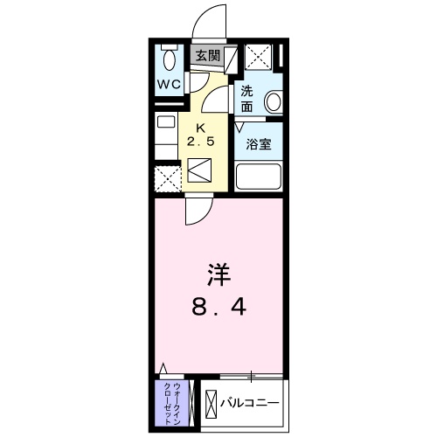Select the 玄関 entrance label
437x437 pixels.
coord(207,57)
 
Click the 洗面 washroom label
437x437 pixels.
coord(247,99)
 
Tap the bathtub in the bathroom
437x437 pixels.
coord(260,179)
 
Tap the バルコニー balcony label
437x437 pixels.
coord(249,404)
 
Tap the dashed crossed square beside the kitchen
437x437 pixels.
coord(167,180)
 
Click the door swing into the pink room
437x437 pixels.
coord(198,211)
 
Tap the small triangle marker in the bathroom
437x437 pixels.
coord(240,126)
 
